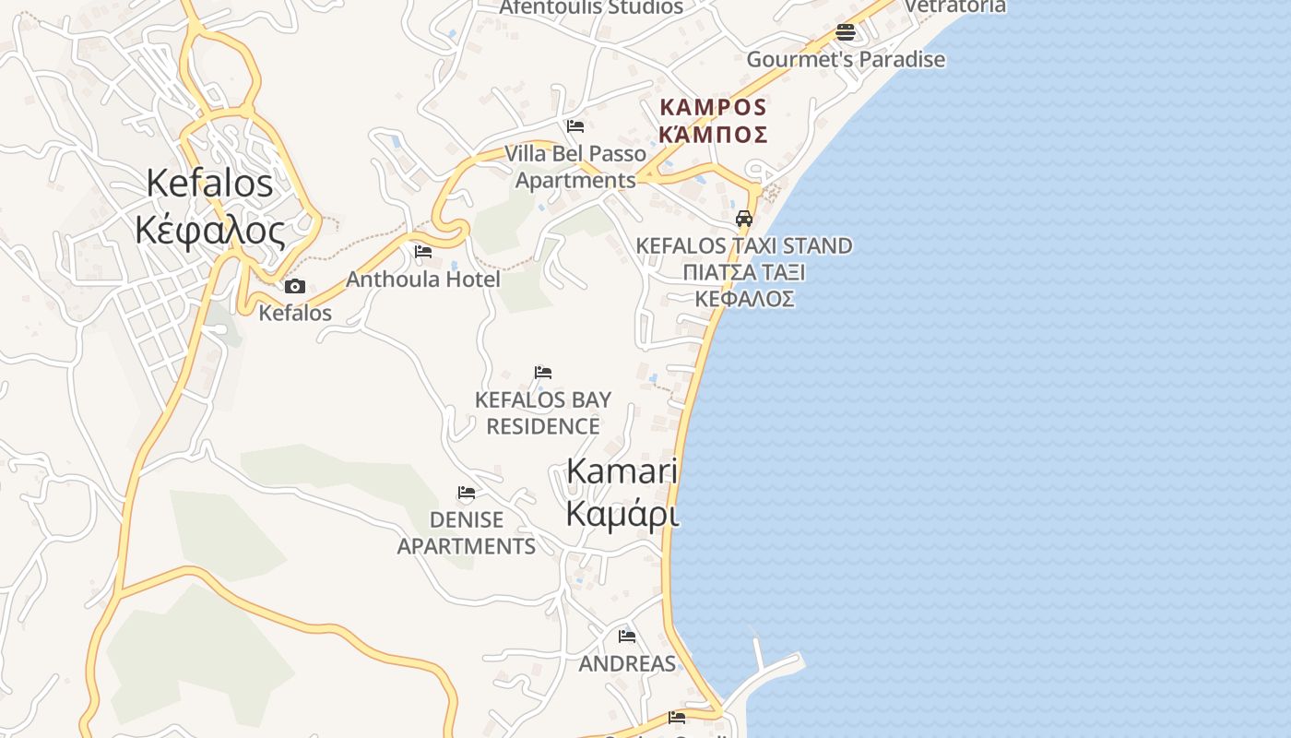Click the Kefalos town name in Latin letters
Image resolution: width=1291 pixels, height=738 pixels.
point(209,184)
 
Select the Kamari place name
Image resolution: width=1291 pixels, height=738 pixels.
point(622,470)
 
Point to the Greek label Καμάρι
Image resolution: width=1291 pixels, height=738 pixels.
point(622,514)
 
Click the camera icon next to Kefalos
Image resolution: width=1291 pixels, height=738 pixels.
point(294,287)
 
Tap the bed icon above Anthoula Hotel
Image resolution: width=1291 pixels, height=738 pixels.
point(423,251)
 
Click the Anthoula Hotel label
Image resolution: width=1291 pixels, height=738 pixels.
point(423,279)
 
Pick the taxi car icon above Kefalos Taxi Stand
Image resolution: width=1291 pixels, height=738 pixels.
point(744,219)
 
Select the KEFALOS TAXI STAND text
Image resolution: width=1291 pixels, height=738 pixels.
point(744,246)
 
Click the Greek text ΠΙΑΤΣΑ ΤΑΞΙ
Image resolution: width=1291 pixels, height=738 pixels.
point(744,272)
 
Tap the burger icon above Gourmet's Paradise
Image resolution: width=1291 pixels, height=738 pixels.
point(846,33)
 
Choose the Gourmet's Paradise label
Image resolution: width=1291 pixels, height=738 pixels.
point(846,60)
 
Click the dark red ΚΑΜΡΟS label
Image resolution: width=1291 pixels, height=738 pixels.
point(714,107)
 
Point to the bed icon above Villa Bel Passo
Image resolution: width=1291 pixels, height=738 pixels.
point(575,126)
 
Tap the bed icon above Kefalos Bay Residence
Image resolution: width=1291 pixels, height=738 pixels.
point(543,373)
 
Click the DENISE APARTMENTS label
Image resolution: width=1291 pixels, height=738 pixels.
point(467,533)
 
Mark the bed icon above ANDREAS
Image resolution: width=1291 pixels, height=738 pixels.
point(627,636)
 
